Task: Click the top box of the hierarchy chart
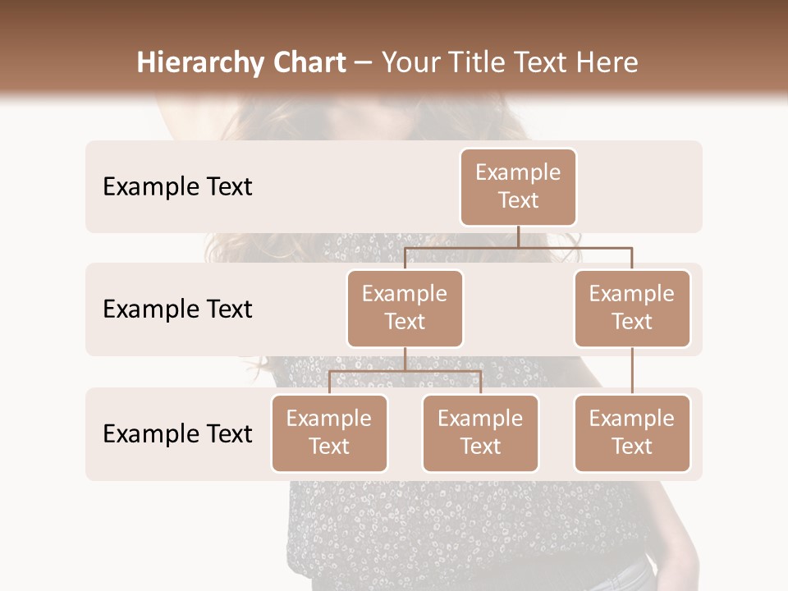[x=518, y=187]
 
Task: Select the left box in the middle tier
[x=405, y=309]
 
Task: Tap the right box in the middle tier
[x=632, y=309]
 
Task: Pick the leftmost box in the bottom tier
[x=329, y=433]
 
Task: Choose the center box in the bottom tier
[x=480, y=433]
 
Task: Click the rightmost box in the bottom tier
[x=632, y=433]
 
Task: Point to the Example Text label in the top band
[x=177, y=187]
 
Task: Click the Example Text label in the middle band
[x=177, y=309]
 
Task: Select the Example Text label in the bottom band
[x=177, y=433]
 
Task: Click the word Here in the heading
[x=607, y=63]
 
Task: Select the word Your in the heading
[x=410, y=63]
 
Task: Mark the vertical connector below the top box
[x=518, y=236]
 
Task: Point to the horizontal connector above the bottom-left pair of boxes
[x=405, y=371]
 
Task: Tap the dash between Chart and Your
[x=364, y=63]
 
